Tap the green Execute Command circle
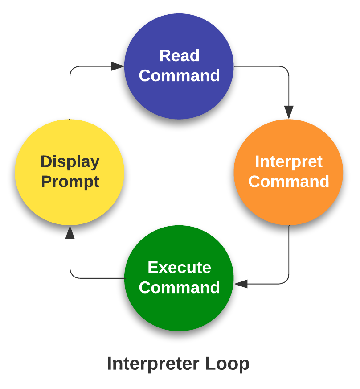pos(179,312)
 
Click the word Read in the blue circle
pos(179,56)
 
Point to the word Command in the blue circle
pos(179,76)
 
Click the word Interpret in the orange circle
pos(288,161)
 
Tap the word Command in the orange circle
pos(288,182)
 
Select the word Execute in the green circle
pos(179,267)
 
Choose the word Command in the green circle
pos(179,287)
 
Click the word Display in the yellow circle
pos(70,161)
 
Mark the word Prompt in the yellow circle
pos(70,182)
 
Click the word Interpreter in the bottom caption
pos(153,364)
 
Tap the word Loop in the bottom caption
pos(227,364)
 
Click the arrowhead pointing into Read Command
pos(118,66)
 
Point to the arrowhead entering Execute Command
pos(241,284)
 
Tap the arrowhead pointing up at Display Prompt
pos(70,232)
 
